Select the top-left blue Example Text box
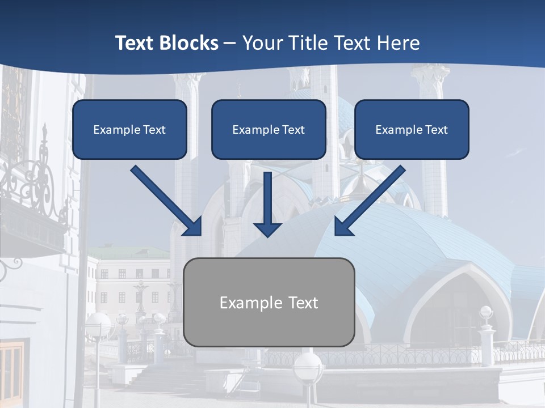[129, 130]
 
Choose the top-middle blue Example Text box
[269, 130]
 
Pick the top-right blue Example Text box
[412, 130]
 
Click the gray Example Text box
[269, 302]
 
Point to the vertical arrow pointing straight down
[267, 201]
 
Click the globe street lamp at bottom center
[308, 365]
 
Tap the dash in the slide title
[230, 43]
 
